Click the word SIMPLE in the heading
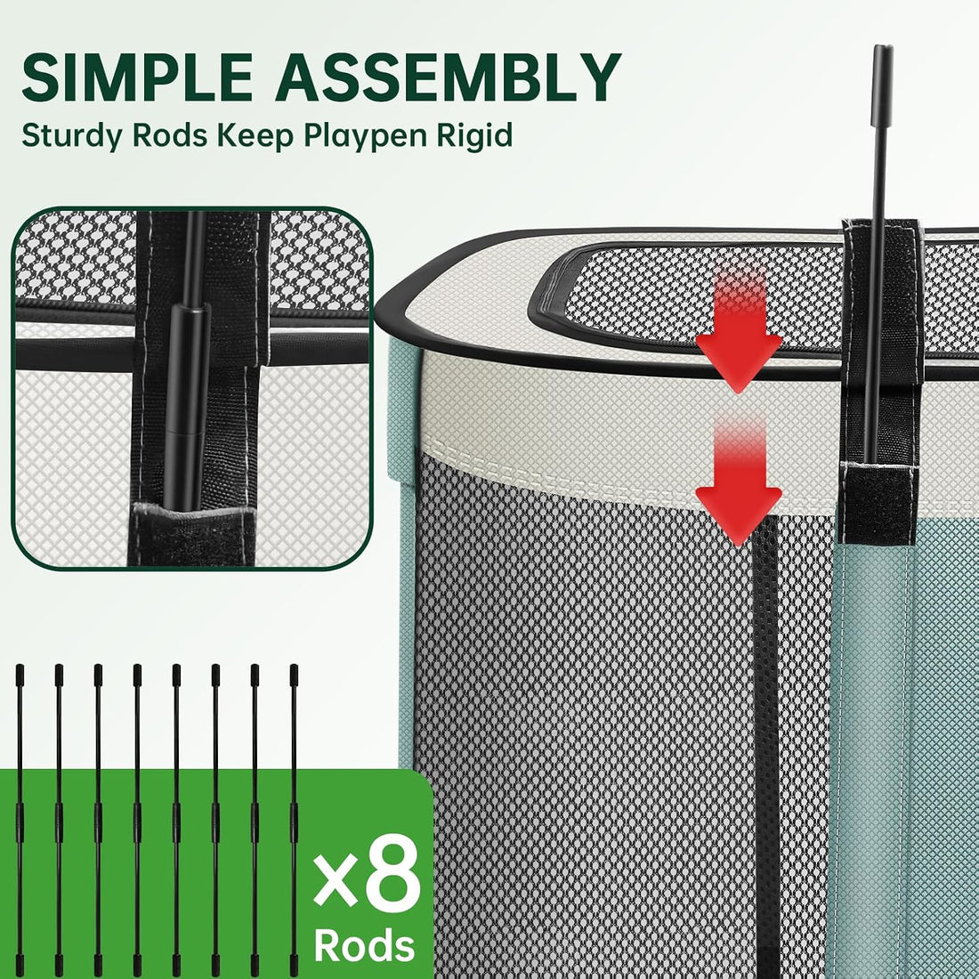(x=137, y=77)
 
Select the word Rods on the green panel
(x=365, y=945)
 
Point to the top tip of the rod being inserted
(x=883, y=47)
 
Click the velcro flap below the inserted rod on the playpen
(x=878, y=503)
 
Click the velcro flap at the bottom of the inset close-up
(x=193, y=534)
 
